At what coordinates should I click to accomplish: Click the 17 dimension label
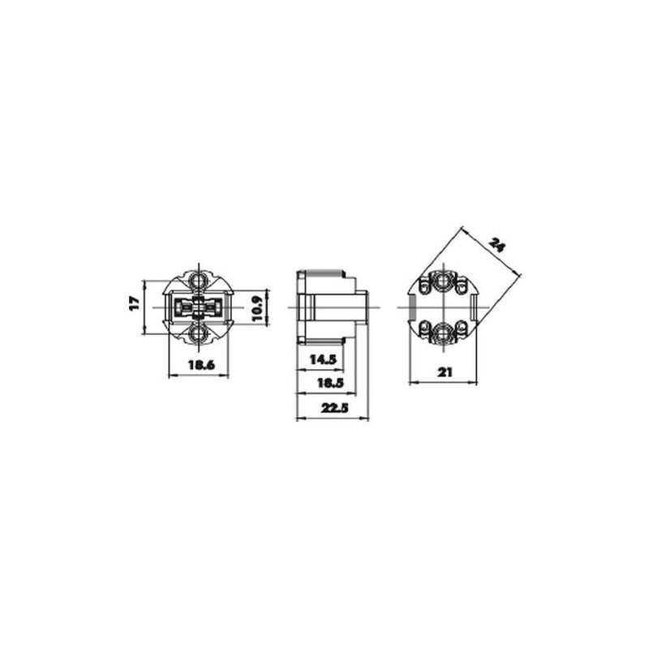click(134, 303)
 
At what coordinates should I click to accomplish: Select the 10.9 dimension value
click(257, 307)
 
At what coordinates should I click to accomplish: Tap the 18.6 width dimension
click(201, 365)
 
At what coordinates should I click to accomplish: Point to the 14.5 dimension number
click(323, 359)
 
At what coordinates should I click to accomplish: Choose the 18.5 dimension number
click(330, 383)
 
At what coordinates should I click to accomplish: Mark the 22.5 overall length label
click(335, 408)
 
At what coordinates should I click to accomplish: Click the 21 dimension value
click(445, 372)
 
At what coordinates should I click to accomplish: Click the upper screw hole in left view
click(199, 281)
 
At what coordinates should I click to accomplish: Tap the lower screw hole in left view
click(199, 333)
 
